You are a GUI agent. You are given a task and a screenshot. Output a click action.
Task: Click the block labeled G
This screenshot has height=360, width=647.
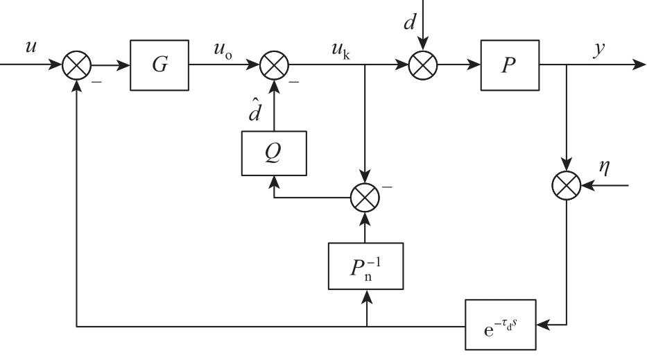[159, 65]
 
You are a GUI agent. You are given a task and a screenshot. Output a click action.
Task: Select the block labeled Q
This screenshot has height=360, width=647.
[274, 153]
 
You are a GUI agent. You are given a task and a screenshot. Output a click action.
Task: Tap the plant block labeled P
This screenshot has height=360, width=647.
[510, 65]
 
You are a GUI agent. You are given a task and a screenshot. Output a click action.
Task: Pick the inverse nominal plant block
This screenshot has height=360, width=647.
[365, 266]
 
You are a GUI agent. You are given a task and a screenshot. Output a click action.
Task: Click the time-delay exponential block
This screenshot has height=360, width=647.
[501, 325]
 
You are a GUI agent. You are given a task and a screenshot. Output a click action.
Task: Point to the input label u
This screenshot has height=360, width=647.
[31, 46]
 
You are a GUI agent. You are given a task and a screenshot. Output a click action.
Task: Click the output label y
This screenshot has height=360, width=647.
[599, 49]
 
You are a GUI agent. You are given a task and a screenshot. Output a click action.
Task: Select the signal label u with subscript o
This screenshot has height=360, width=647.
[223, 51]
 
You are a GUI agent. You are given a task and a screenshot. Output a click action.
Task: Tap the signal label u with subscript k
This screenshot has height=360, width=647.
[341, 51]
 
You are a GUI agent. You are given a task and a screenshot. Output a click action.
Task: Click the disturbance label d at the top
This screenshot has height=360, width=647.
[409, 22]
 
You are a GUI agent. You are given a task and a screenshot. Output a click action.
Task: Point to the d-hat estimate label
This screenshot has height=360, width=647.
[255, 110]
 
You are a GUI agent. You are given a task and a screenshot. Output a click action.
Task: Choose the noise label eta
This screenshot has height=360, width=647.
[605, 167]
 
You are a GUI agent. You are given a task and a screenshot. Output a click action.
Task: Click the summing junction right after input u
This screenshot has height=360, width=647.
[77, 65]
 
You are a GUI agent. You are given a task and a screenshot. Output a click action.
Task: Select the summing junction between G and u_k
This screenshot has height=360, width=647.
[275, 65]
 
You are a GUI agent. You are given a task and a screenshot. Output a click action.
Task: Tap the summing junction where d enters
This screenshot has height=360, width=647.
[423, 65]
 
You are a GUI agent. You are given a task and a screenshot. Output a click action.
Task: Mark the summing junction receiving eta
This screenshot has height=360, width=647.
[567, 185]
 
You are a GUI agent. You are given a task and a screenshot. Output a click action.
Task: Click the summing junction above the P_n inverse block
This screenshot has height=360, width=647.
[365, 197]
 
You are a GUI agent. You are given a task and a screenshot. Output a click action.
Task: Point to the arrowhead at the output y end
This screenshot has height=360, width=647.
[639, 65]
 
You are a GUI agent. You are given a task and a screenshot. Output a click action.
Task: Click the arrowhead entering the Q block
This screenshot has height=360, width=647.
[274, 182]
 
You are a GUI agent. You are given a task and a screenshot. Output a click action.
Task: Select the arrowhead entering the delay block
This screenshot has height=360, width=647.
[543, 325]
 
